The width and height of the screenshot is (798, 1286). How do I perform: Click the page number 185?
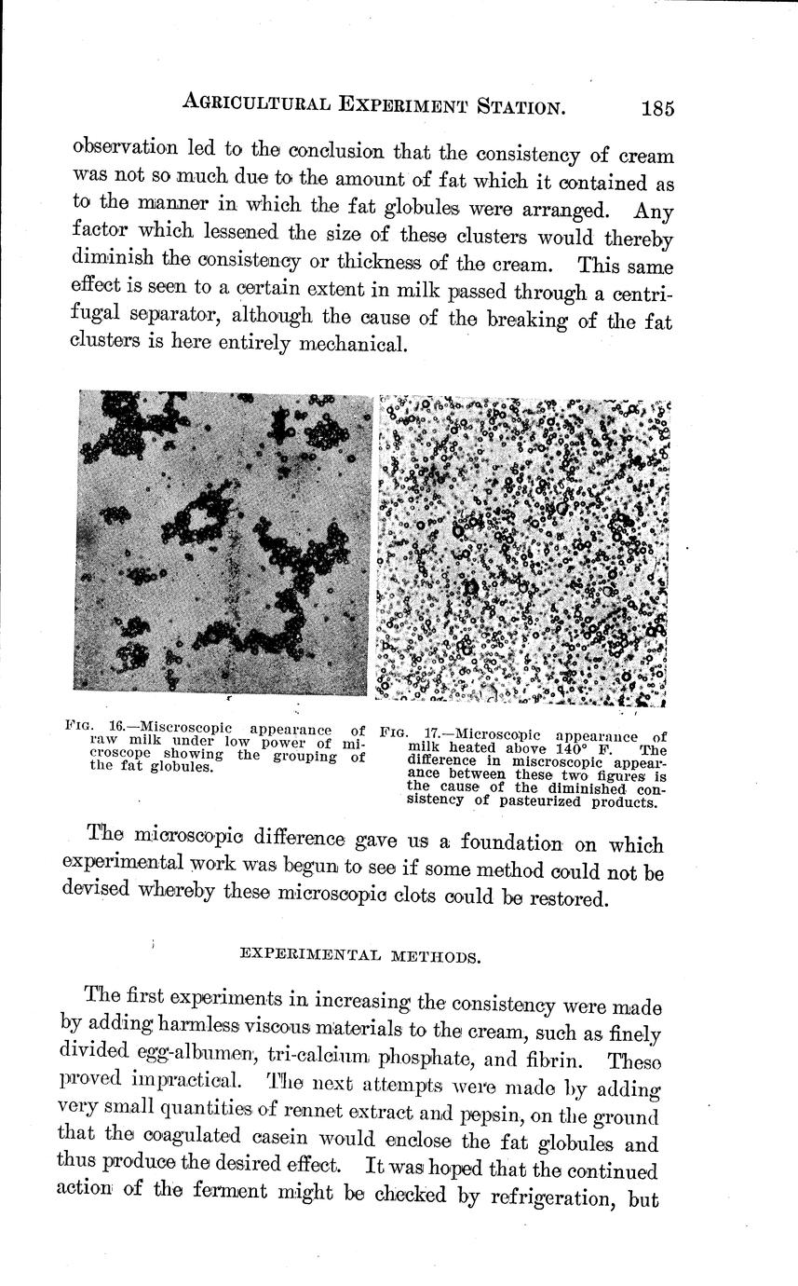click(x=656, y=108)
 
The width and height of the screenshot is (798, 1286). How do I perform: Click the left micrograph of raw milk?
click(x=223, y=543)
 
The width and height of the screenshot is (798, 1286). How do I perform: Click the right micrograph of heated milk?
click(x=523, y=550)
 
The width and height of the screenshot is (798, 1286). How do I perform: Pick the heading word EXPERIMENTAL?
click(x=296, y=954)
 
